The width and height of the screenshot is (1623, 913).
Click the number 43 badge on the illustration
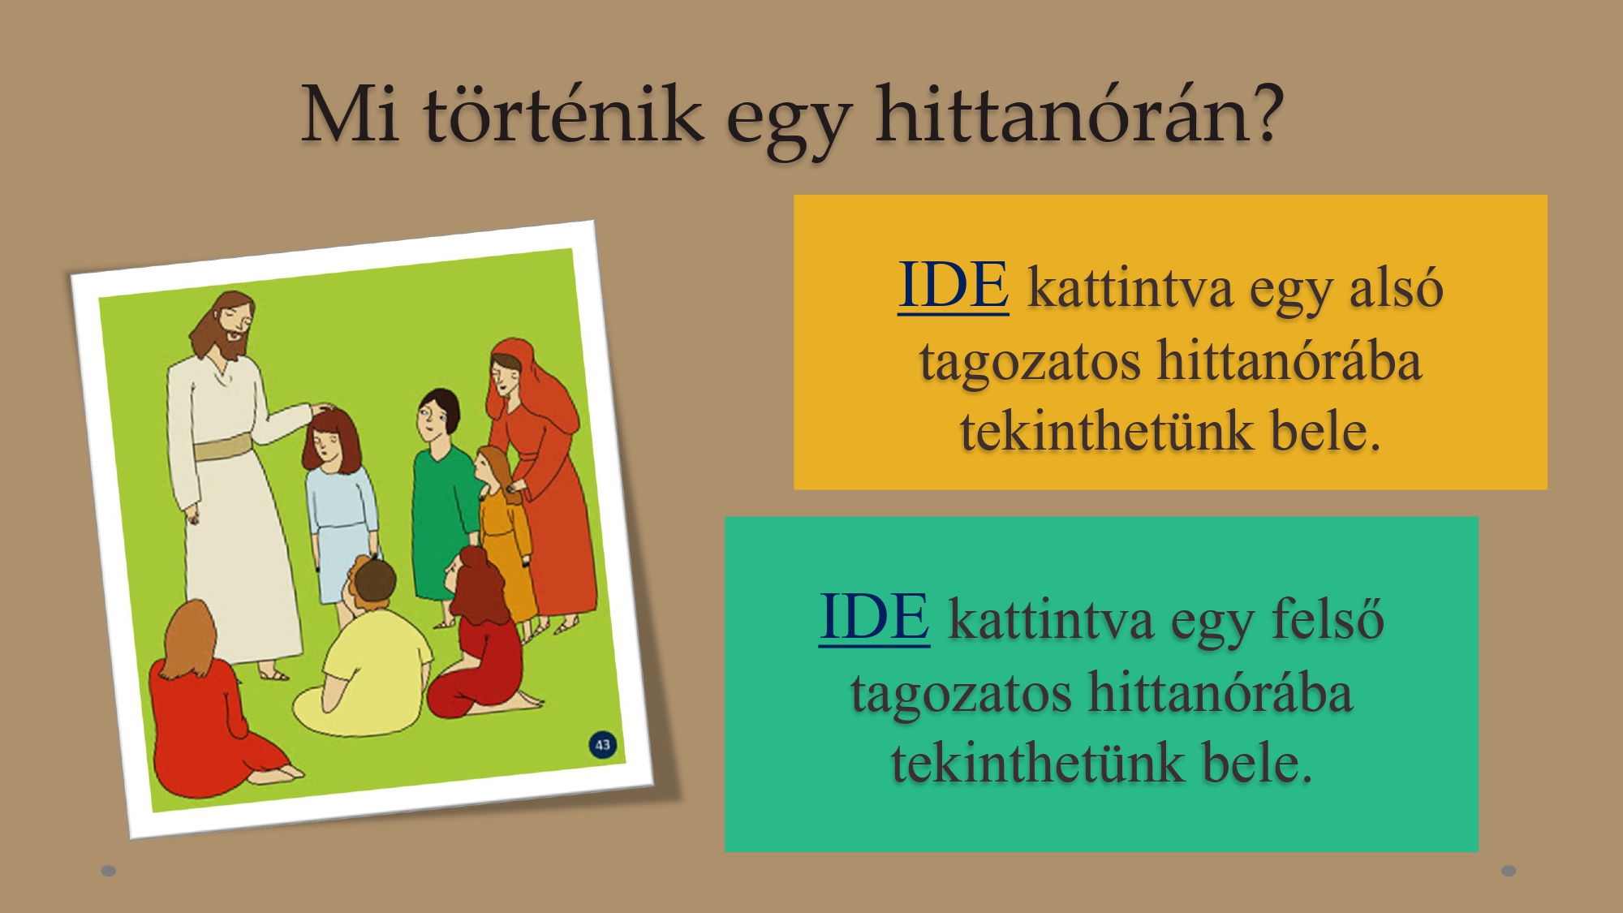(602, 745)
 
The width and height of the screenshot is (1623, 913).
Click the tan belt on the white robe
(223, 447)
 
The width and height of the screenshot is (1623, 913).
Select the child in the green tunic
(442, 503)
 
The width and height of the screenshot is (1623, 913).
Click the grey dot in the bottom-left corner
(109, 871)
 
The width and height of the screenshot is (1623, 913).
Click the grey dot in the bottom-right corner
(1509, 871)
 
